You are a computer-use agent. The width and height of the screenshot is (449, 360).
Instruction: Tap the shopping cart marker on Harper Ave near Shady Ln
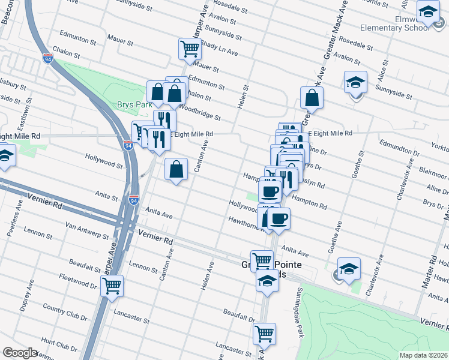[190, 49]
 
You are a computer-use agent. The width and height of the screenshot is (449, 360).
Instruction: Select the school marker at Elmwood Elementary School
[429, 12]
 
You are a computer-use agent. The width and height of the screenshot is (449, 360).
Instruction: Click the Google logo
[20, 353]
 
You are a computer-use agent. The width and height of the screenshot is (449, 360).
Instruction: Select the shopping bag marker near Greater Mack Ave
[312, 97]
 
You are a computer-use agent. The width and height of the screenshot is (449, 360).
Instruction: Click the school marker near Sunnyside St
[355, 82]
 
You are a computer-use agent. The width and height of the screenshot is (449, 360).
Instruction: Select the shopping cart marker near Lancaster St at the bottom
[264, 334]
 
